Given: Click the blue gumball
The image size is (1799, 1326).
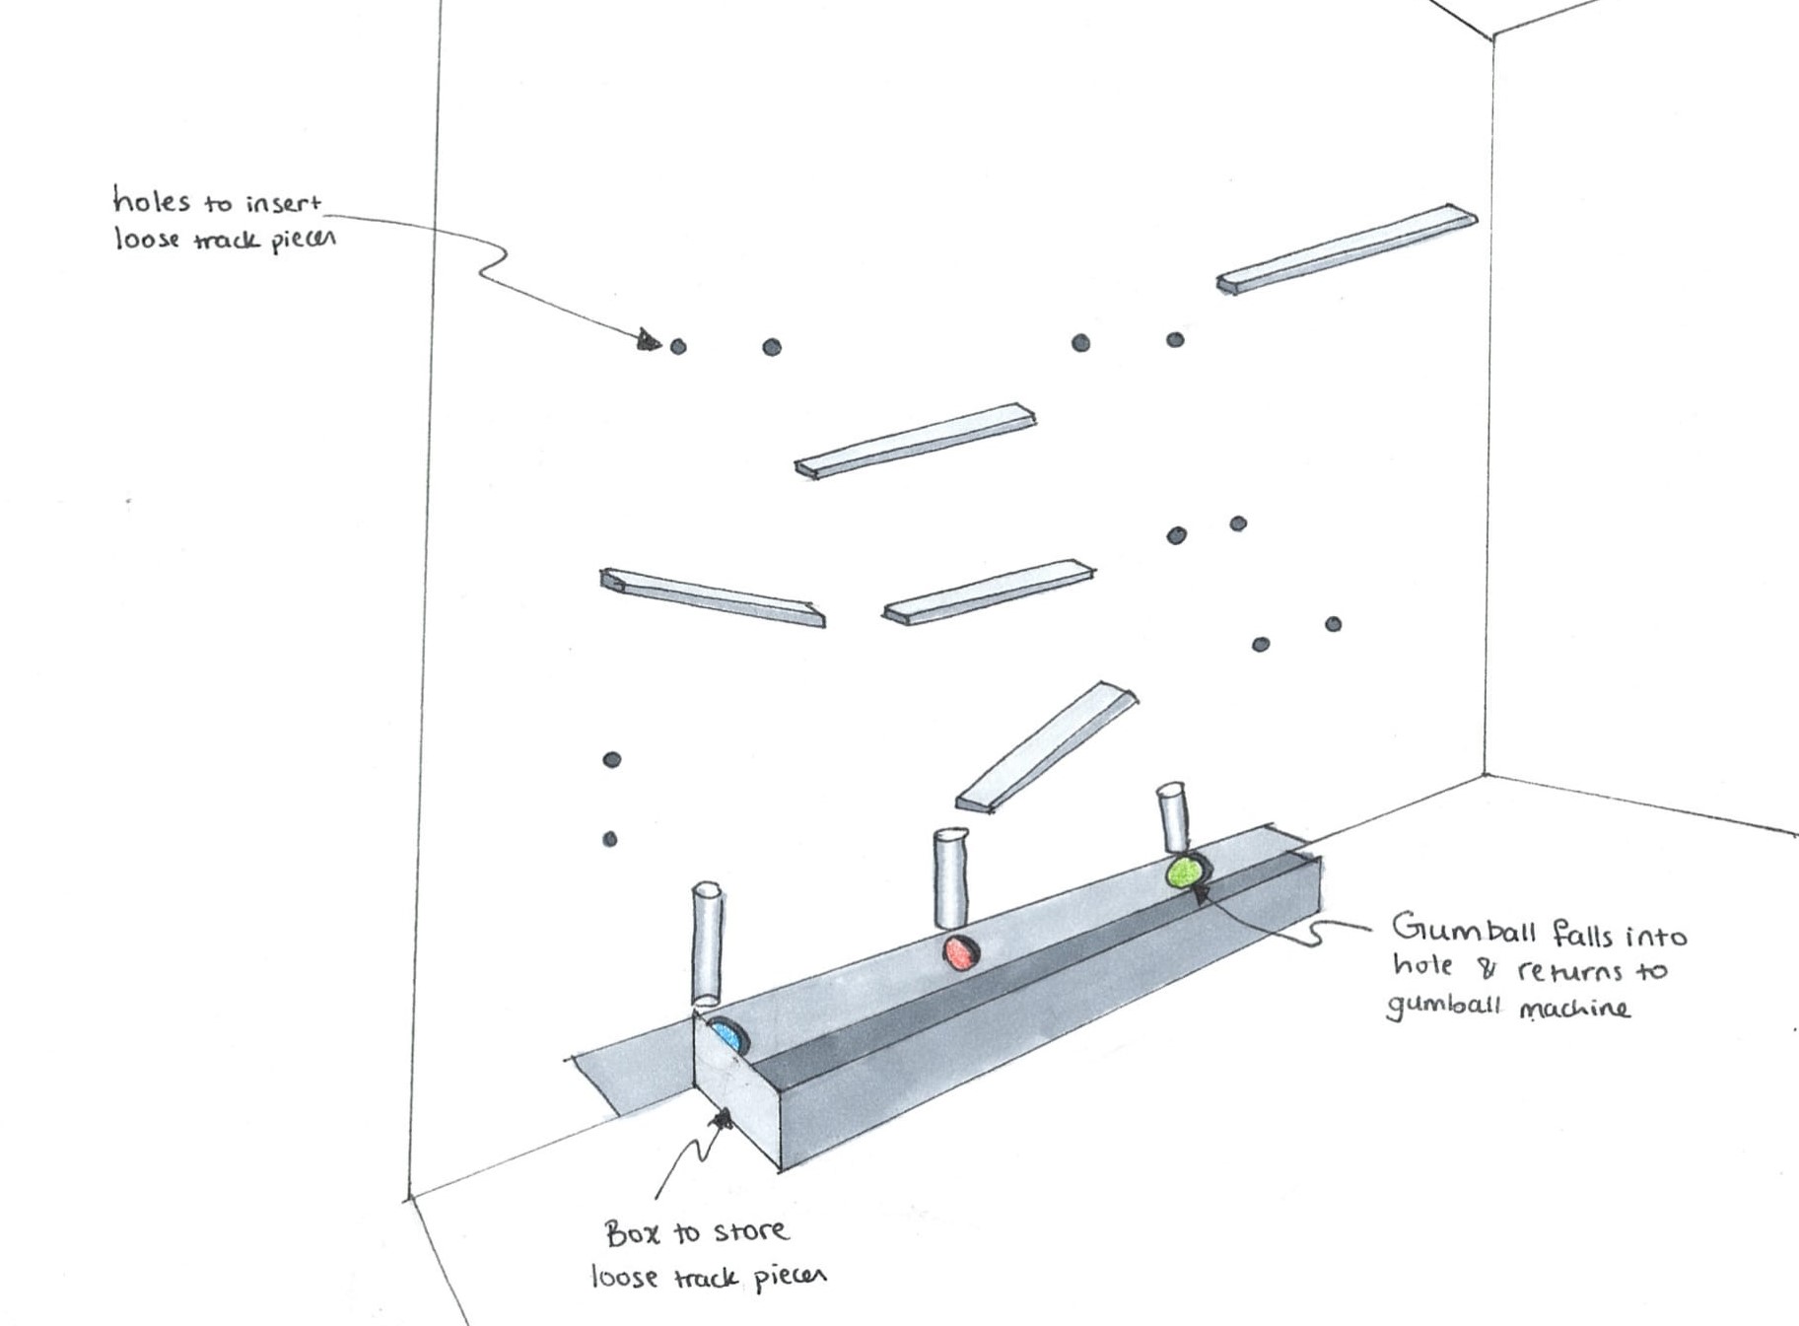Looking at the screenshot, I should click(727, 1036).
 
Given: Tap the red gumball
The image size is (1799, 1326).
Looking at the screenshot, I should click(958, 953).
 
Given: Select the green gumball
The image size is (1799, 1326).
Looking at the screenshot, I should click(1184, 872).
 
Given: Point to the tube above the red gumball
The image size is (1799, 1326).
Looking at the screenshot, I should click(950, 876).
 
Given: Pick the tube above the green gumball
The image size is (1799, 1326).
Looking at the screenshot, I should click(1173, 816).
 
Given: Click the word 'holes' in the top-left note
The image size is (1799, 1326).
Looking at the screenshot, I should click(151, 201).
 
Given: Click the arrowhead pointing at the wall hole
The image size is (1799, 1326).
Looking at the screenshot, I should click(648, 341).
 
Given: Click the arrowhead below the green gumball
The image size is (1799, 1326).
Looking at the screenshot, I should click(1201, 894).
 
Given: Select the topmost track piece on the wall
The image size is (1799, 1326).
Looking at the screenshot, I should click(1347, 249).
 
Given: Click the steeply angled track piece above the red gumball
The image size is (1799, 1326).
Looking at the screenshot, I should click(1047, 746).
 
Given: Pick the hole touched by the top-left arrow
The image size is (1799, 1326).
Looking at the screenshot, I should click(678, 346).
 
